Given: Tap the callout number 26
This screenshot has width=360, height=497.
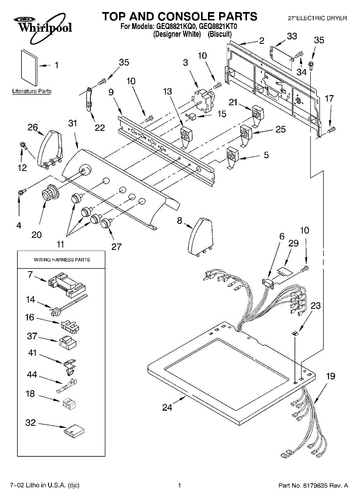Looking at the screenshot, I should tap(33, 128).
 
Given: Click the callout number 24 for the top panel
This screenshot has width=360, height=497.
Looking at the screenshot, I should tap(167, 408).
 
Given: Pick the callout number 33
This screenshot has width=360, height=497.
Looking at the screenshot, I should tap(292, 36).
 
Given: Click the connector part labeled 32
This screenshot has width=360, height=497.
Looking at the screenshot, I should tap(74, 430).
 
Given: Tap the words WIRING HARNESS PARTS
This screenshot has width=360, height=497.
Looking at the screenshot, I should tap(62, 260).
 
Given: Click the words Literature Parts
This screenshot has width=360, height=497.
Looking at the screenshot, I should tap(32, 91).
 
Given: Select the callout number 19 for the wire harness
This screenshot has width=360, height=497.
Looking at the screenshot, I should tap(330, 376).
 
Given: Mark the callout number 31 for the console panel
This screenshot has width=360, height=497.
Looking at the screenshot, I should tap(73, 123).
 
